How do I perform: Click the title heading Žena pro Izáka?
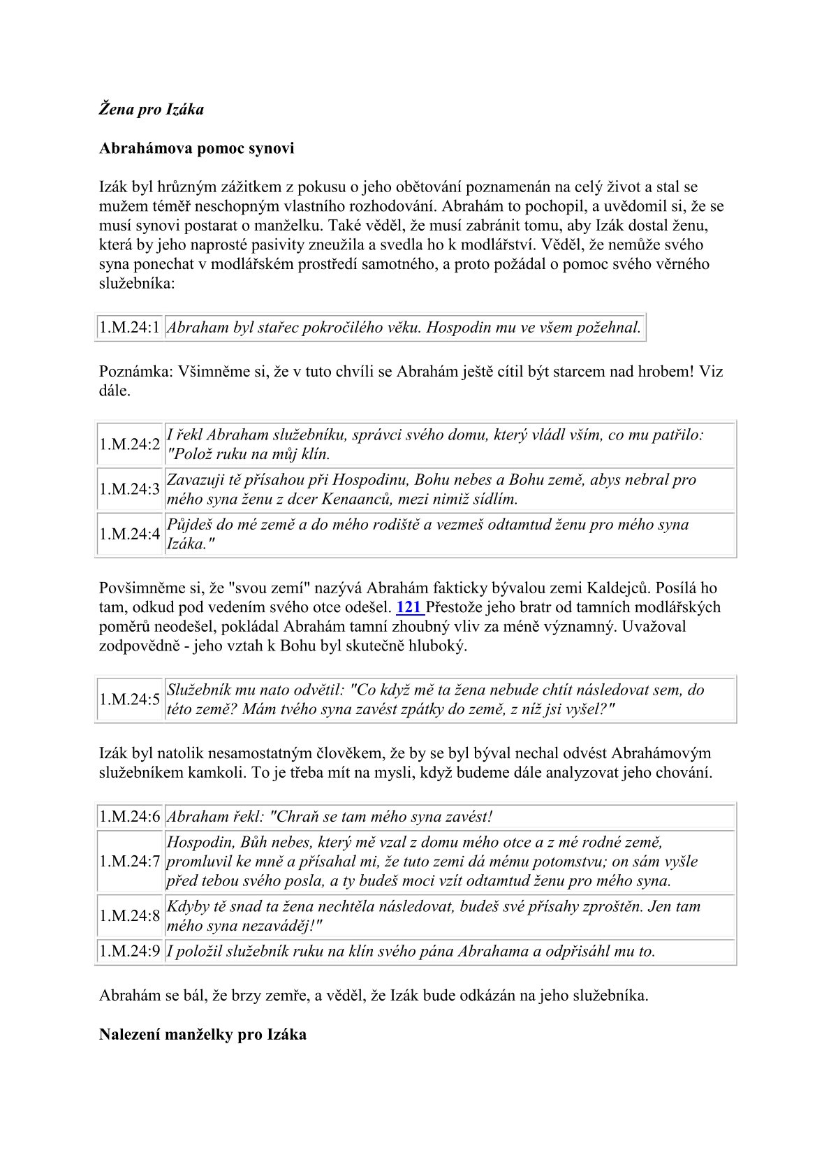coord(151,110)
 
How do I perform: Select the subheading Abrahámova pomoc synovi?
coord(196,148)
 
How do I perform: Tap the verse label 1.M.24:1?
coord(130,327)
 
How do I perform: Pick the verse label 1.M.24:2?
coord(130,444)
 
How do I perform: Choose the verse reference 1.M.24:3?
coord(130,489)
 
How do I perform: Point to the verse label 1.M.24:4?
coord(130,535)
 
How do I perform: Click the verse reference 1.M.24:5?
coord(130,699)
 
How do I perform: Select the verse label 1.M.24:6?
coord(130,817)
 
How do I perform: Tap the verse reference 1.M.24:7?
coord(130,862)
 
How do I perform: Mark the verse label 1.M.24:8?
coord(130,916)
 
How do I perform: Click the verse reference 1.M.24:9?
coord(130,951)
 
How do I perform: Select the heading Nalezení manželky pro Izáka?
coord(203,1034)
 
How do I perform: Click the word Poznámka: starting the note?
coord(135,371)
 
